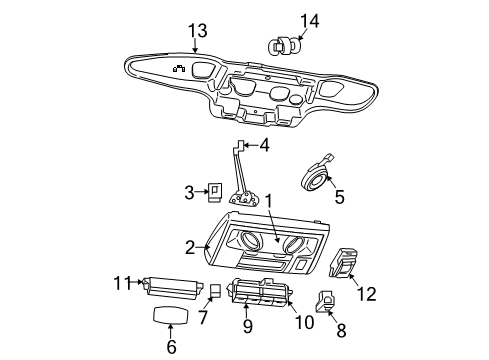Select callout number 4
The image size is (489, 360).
pyautogui.click(x=264, y=145)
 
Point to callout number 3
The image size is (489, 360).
pyautogui.click(x=188, y=191)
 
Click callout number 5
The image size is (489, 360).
pyautogui.click(x=339, y=198)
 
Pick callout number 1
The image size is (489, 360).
pyautogui.click(x=267, y=201)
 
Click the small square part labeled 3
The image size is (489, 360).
pyautogui.click(x=216, y=190)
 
